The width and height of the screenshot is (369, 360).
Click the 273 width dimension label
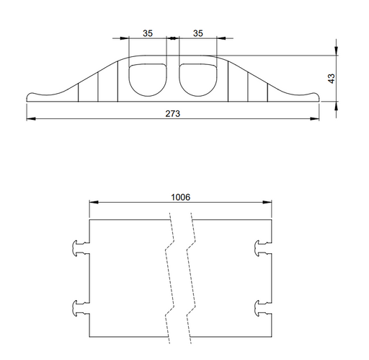[x=172, y=113]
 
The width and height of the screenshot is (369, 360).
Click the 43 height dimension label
[x=332, y=79]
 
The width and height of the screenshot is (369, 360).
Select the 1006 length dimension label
[x=180, y=197]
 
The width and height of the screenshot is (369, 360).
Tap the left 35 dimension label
[x=148, y=33]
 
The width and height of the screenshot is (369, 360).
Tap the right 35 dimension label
[x=197, y=33]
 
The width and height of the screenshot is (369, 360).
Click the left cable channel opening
[x=148, y=80]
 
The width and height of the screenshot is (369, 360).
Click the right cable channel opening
[x=198, y=80]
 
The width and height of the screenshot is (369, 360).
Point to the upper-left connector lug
[x=81, y=248]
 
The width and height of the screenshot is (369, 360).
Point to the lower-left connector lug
[x=81, y=308]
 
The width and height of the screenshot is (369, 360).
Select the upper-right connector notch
[x=263, y=248]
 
